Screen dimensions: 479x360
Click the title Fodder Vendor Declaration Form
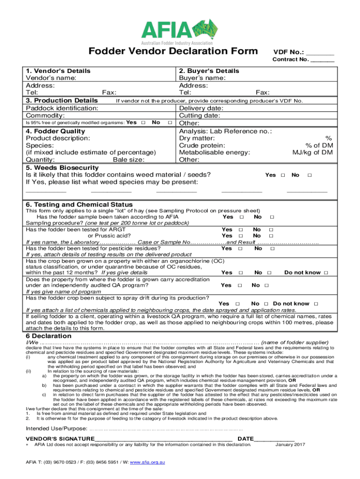[173, 51]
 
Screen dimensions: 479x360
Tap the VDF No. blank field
[320, 52]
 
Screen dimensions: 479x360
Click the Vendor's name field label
[51, 78]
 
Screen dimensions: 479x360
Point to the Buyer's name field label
[202, 78]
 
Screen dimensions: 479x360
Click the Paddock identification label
[62, 108]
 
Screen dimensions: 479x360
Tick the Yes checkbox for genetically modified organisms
[143, 123]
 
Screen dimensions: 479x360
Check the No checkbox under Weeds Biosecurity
[309, 175]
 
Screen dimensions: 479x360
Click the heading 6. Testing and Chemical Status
[79, 204]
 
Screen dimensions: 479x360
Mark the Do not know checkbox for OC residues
[326, 273]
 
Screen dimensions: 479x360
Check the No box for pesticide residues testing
[272, 248]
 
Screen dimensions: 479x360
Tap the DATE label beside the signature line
[246, 438]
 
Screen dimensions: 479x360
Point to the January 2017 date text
[290, 444]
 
